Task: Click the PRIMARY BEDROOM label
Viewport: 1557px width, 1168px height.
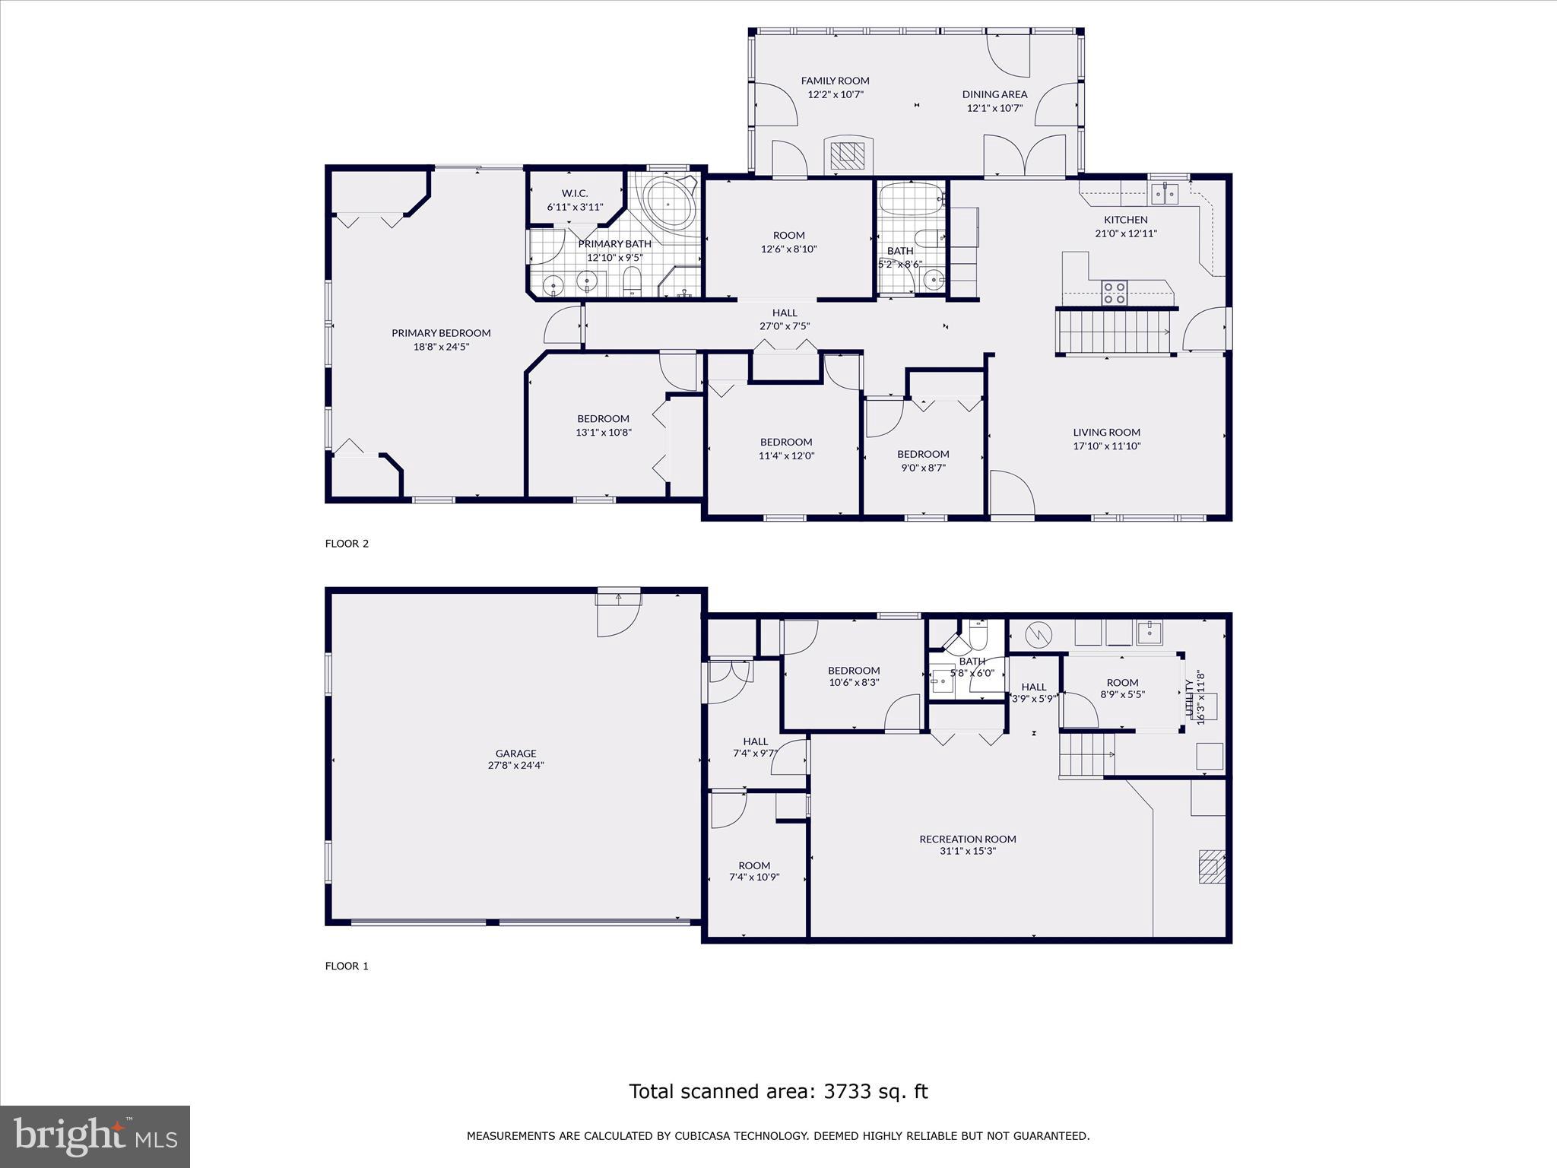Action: pyautogui.click(x=441, y=332)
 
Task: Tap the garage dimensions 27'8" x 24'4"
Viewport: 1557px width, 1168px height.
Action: pyautogui.click(x=515, y=766)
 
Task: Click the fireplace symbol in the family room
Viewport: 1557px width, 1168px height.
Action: pyautogui.click(x=848, y=155)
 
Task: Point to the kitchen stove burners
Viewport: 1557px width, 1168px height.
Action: pyautogui.click(x=1115, y=293)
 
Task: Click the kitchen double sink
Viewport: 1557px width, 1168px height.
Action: pyautogui.click(x=1164, y=194)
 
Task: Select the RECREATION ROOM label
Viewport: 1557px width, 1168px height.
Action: pyautogui.click(x=967, y=839)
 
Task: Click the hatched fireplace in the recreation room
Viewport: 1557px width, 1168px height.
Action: pyautogui.click(x=1212, y=867)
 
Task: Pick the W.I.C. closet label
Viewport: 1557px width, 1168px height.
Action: pyautogui.click(x=575, y=193)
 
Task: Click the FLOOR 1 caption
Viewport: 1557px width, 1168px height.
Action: pyautogui.click(x=347, y=966)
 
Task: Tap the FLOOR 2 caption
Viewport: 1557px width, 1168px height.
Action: pyautogui.click(x=347, y=543)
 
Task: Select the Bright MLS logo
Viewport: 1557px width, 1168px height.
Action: pyautogui.click(x=95, y=1137)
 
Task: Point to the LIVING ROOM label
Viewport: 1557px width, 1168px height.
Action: pyautogui.click(x=1106, y=432)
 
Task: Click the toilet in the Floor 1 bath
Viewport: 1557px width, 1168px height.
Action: pyautogui.click(x=978, y=636)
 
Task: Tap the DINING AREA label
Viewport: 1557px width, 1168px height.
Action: pyautogui.click(x=994, y=94)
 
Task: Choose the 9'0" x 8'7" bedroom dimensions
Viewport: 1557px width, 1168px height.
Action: pyautogui.click(x=923, y=468)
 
